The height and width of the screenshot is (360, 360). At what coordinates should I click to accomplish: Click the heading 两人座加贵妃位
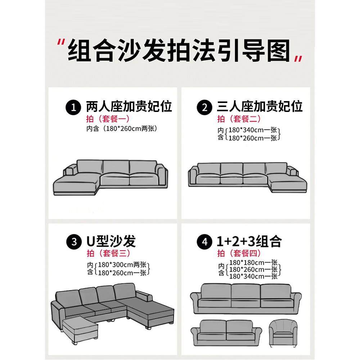coord(129,107)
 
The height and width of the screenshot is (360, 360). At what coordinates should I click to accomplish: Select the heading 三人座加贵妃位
coord(260,107)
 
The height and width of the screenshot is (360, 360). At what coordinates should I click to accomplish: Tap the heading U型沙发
coord(111,242)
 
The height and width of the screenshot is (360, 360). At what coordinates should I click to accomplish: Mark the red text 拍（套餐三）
coord(108,253)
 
